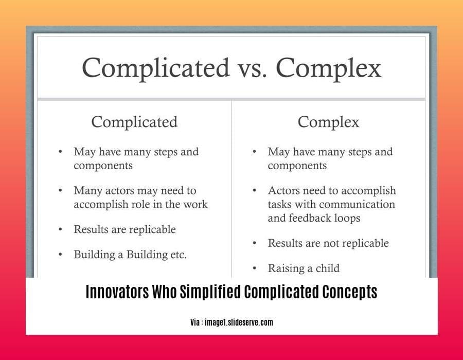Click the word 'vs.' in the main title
point(252,68)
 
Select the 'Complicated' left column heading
point(134,122)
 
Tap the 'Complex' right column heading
point(328,122)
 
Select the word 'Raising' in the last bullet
point(286,268)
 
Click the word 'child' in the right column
point(328,268)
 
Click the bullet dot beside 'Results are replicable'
point(60,229)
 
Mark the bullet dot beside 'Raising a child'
point(254,268)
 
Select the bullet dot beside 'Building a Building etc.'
point(60,255)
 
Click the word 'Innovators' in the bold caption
point(117,292)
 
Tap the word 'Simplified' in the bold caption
point(210,292)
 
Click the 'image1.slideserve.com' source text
point(239,322)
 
